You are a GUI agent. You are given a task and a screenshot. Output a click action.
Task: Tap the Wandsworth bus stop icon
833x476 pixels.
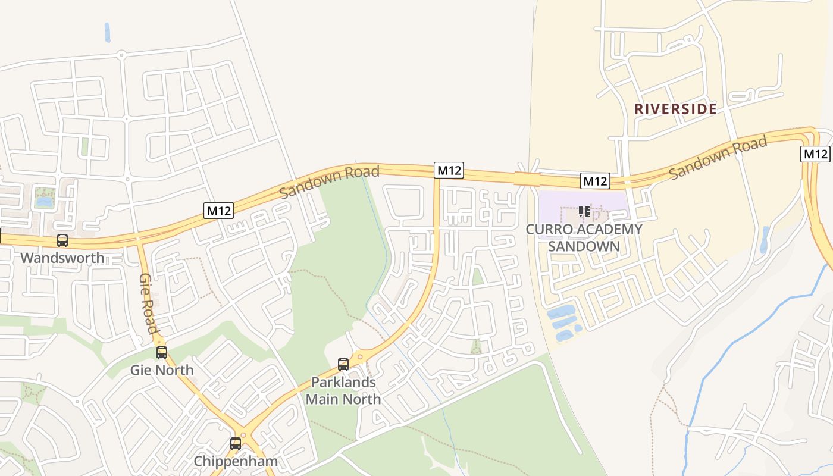[x=62, y=240]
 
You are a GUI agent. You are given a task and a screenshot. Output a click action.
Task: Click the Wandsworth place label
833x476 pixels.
[x=62, y=258]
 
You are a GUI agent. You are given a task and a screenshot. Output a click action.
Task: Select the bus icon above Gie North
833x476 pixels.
[x=162, y=353]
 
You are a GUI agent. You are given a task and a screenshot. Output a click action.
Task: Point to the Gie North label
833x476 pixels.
[x=162, y=370]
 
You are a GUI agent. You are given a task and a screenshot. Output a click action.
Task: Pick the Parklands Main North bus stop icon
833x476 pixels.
[x=343, y=365]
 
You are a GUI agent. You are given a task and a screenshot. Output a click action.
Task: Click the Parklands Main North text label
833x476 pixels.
[x=343, y=390]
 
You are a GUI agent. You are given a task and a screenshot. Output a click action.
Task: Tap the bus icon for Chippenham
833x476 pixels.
[x=236, y=444]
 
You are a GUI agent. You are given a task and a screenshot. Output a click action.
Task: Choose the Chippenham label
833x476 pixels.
[x=236, y=461]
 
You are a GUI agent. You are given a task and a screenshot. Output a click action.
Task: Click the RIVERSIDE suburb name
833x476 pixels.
[x=675, y=109]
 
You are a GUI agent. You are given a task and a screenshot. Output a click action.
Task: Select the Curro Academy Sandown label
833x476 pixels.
[x=584, y=237]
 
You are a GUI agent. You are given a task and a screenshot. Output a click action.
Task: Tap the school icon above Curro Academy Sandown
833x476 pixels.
[x=584, y=212]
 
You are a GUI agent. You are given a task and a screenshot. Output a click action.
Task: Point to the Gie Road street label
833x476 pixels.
[x=148, y=303]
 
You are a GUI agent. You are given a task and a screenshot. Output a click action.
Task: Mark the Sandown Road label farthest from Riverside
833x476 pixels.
[x=329, y=182]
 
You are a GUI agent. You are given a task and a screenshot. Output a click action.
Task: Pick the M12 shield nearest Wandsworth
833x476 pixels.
[x=218, y=210]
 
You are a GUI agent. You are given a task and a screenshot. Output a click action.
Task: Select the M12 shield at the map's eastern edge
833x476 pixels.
[x=815, y=154]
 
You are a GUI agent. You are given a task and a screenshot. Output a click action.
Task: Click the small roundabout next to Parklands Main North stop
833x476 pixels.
[x=359, y=357]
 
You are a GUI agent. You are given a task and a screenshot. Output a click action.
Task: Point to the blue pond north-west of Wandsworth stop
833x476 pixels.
[x=44, y=202]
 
